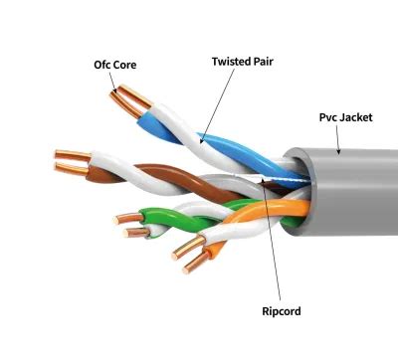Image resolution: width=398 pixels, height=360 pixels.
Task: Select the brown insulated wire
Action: pyautogui.click(x=154, y=175)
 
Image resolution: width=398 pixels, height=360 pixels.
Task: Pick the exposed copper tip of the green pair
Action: pyautogui.click(x=128, y=222)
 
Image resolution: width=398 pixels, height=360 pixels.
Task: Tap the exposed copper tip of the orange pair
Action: pyautogui.click(x=191, y=259)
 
